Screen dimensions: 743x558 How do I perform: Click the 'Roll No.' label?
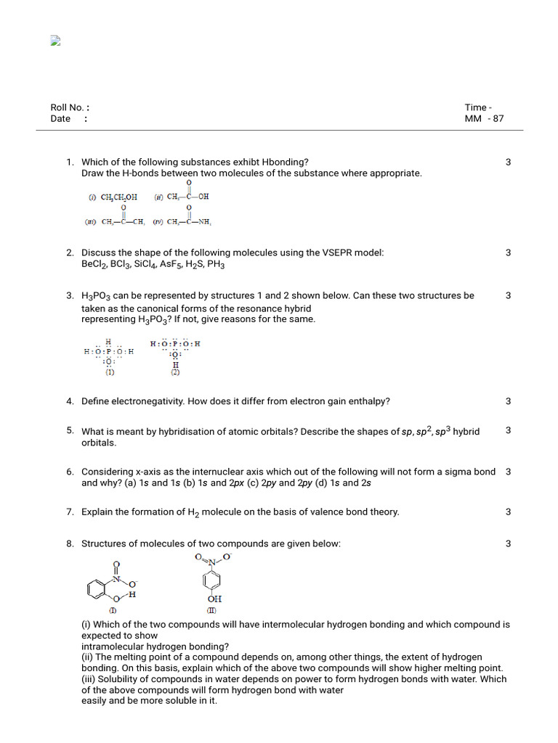point(67,107)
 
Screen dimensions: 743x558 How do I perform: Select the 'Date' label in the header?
point(60,118)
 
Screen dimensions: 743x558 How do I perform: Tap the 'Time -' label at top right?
point(478,107)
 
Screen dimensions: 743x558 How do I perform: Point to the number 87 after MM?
point(498,118)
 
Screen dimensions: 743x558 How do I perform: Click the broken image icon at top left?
point(54,41)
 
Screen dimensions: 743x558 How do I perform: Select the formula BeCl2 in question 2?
point(94,265)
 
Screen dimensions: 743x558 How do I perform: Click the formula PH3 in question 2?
point(216,265)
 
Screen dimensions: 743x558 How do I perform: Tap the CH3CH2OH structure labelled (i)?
point(113,197)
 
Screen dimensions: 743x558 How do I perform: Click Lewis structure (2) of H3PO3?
point(174,354)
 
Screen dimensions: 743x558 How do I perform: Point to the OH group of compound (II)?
point(214,599)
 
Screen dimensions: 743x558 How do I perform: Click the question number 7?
point(70,512)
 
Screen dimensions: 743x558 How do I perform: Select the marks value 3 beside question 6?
point(508,472)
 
